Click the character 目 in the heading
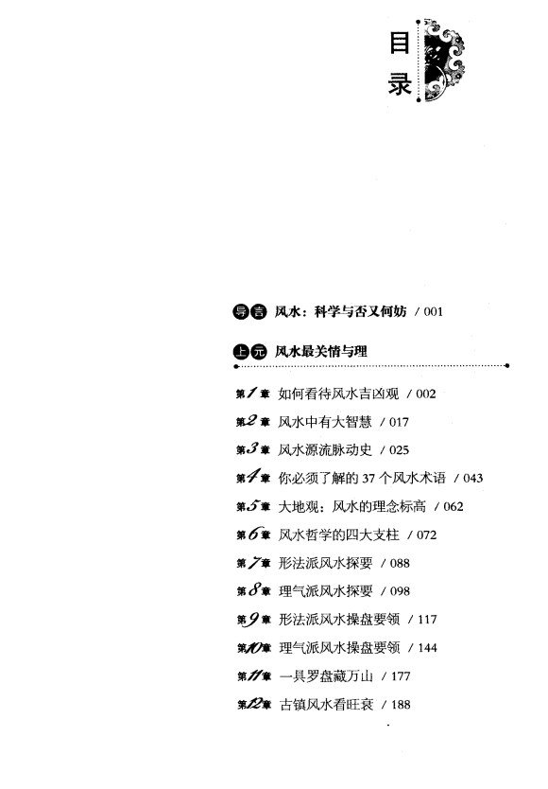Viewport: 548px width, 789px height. point(400,44)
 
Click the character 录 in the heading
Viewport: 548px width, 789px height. point(401,83)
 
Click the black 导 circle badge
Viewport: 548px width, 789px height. point(241,312)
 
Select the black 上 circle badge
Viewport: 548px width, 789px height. point(241,352)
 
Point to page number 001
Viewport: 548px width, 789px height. point(433,312)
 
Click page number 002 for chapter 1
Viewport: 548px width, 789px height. point(426,394)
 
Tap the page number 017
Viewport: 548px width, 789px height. point(399,422)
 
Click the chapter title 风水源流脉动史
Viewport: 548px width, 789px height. point(325,450)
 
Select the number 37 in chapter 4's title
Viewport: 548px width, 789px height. point(368,478)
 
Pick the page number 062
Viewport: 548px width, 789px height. point(453,507)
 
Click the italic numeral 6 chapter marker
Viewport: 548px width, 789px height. point(253,534)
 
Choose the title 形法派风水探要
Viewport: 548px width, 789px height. point(326,563)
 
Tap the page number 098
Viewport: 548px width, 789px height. point(400,591)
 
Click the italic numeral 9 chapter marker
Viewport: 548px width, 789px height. point(253,620)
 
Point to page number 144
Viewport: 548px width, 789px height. point(427,648)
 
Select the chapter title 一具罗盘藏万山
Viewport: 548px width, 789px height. point(326,676)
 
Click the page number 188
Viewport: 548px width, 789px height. point(401,705)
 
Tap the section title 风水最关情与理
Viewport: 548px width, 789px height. point(320,352)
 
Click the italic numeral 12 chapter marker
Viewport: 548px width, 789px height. point(254,704)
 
